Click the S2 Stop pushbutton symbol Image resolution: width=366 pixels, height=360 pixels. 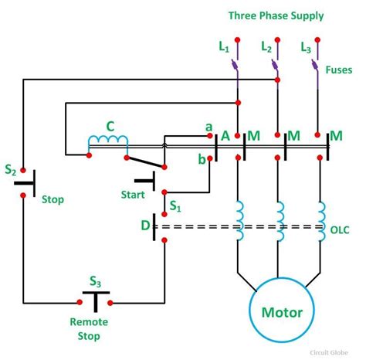coord(24,183)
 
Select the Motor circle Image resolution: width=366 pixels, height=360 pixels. coord(277,314)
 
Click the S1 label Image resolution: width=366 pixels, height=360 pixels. coord(176,207)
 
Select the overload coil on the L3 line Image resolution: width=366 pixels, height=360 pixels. coord(320,219)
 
